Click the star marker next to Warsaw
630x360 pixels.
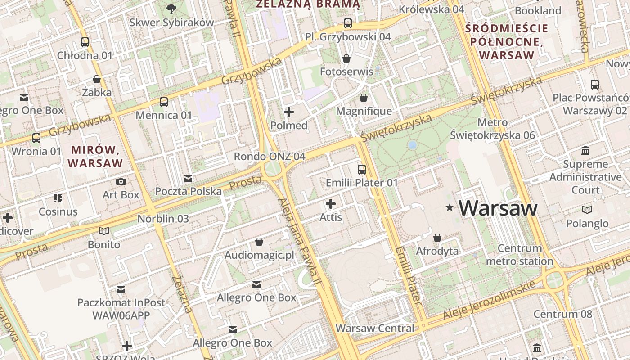click(449, 207)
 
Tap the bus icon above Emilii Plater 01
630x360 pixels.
click(362, 170)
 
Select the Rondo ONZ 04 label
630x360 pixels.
click(270, 157)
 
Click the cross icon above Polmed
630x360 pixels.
click(289, 112)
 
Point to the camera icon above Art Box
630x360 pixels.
click(121, 181)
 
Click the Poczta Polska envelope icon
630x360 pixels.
click(188, 179)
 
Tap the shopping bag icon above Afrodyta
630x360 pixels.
click(437, 238)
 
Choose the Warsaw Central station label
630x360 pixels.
click(375, 328)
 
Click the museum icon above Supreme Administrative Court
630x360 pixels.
click(585, 150)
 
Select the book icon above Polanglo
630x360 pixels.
click(587, 210)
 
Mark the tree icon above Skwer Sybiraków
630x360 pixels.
click(171, 8)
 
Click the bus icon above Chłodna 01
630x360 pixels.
click(85, 42)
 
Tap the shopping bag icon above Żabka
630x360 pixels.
click(96, 79)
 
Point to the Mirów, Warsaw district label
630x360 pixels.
click(95, 156)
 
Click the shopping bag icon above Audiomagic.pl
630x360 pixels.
click(259, 242)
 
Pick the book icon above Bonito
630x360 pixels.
click(104, 231)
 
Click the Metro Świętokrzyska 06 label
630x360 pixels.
click(492, 129)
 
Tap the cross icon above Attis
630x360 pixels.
click(331, 204)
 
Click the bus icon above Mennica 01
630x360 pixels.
click(164, 102)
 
